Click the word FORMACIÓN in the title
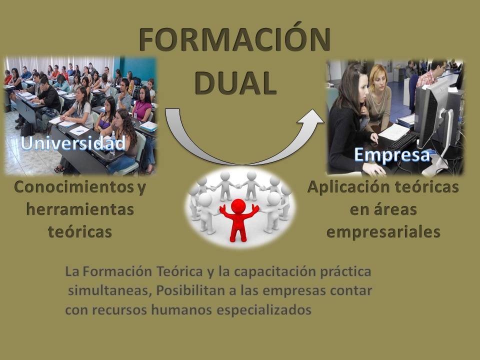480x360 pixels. [234, 39]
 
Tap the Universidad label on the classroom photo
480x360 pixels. [73, 143]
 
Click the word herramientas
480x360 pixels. [80, 210]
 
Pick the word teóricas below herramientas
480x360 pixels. [80, 232]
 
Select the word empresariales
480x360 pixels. [383, 232]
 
